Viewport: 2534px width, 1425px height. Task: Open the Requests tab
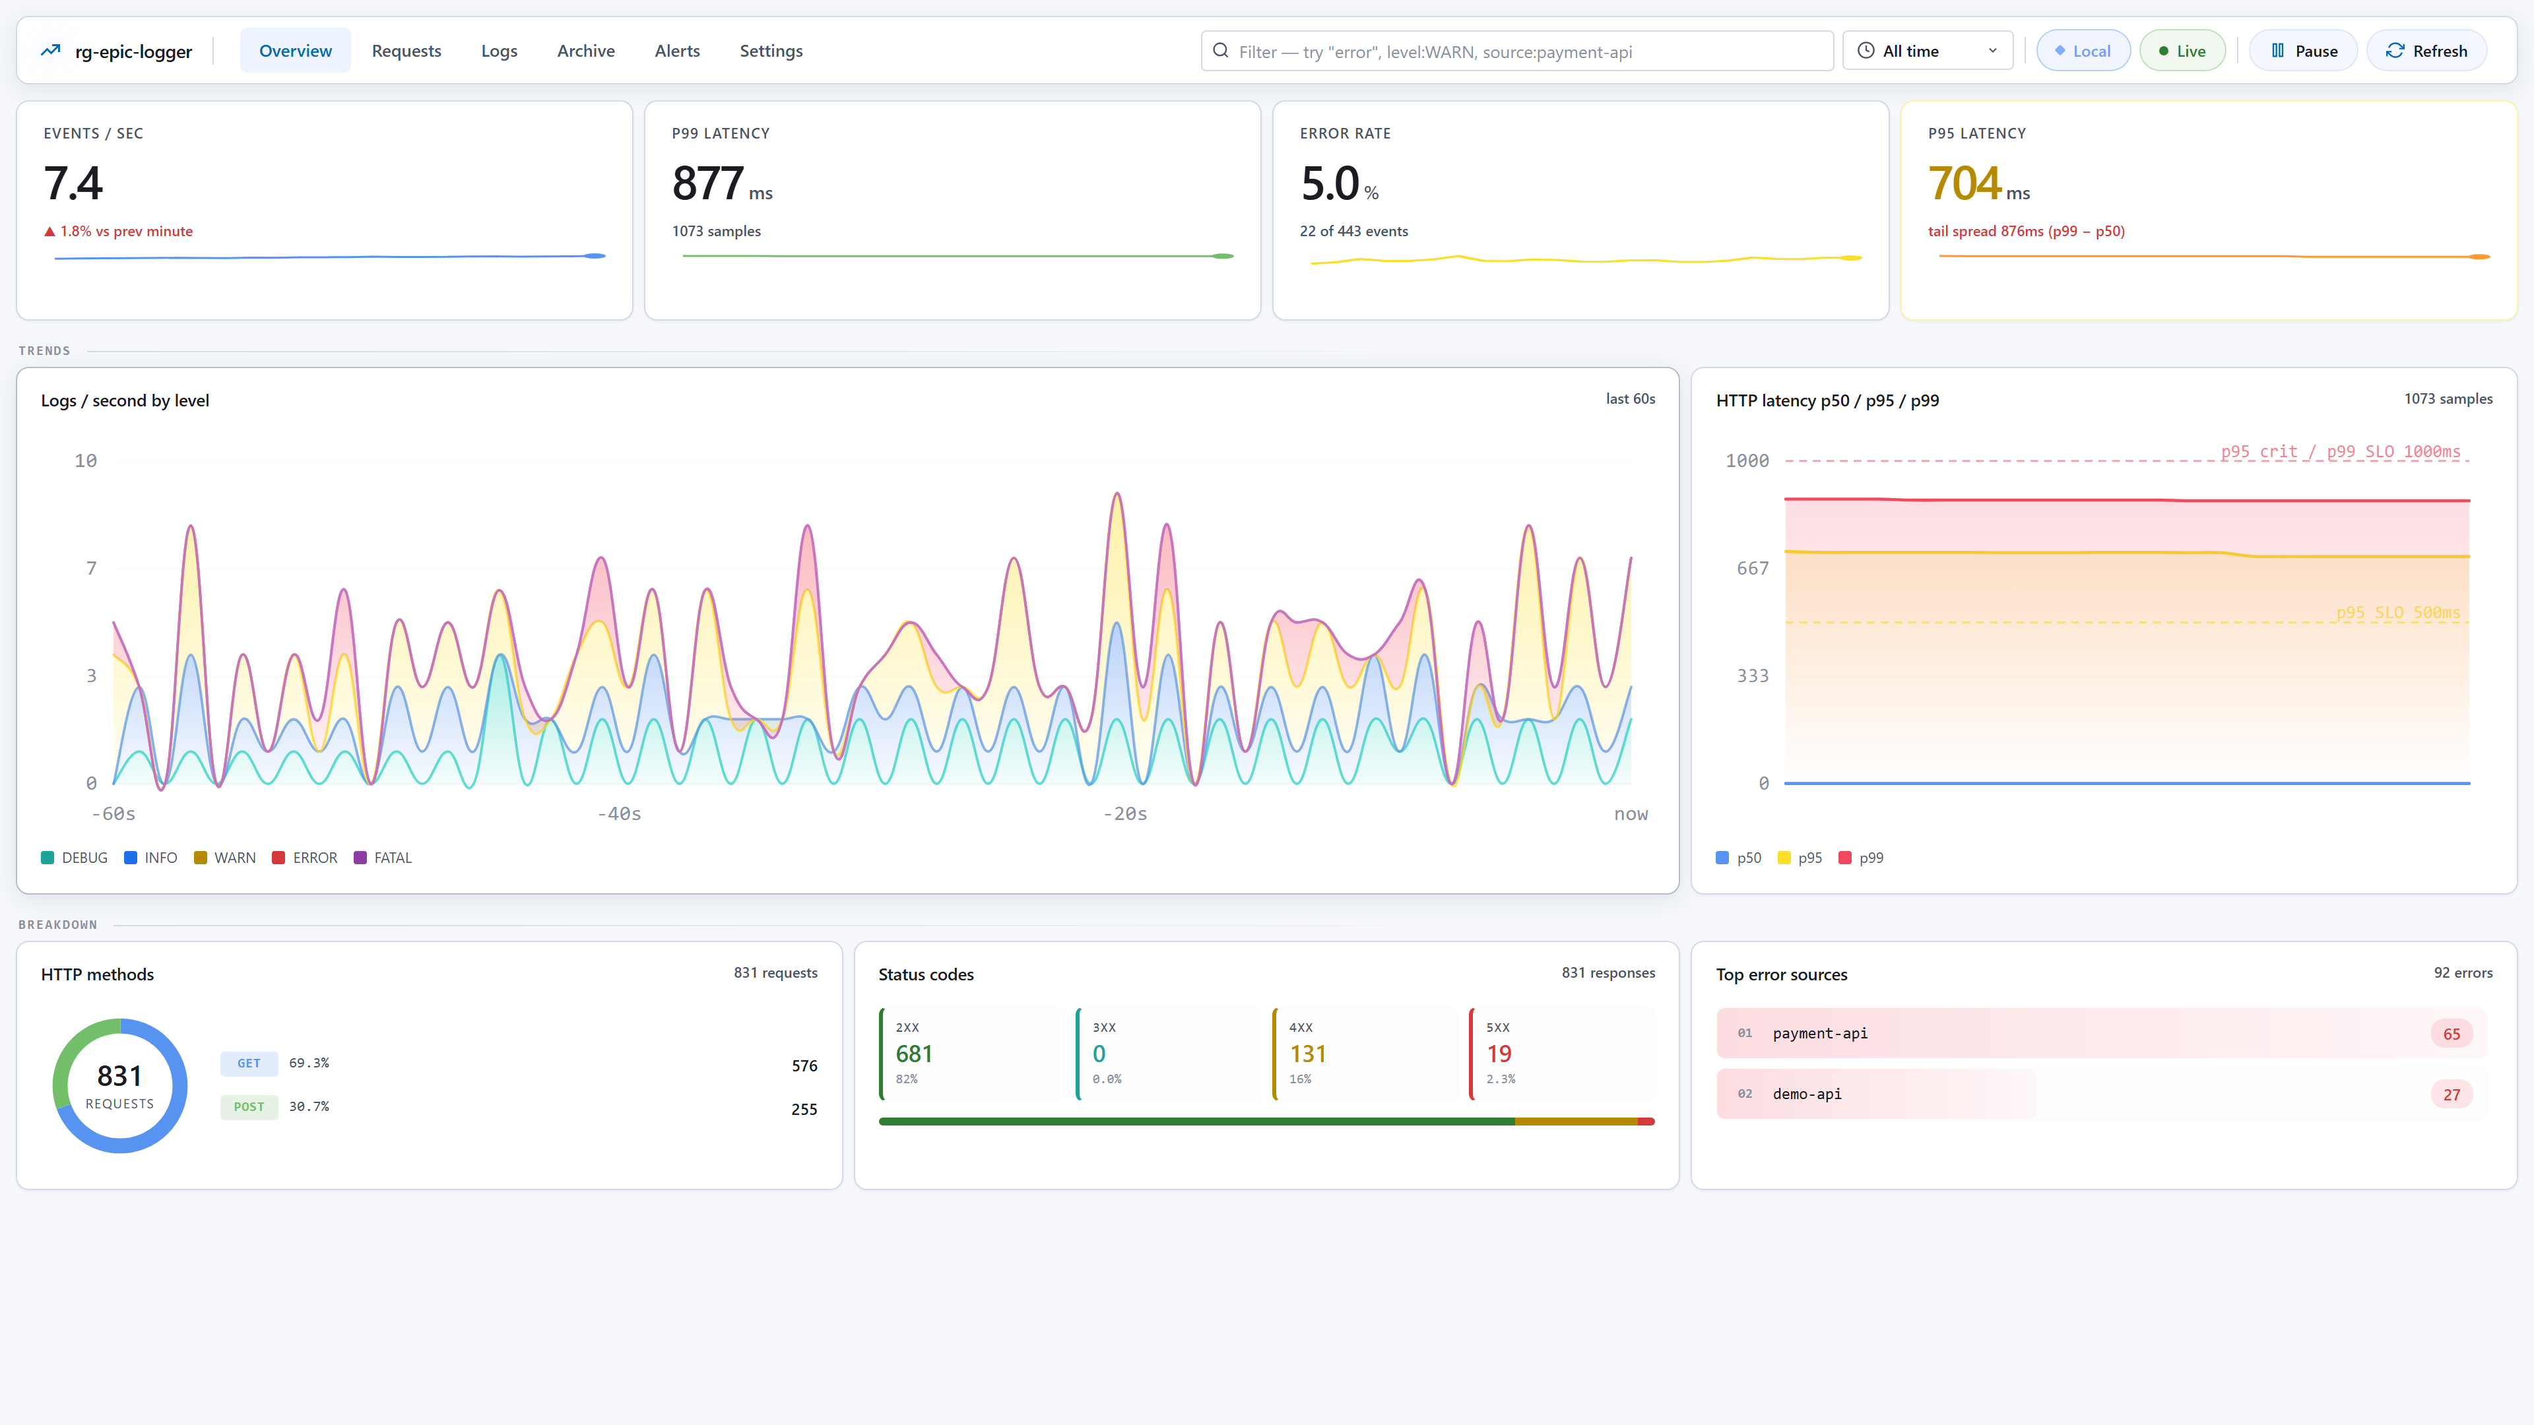click(406, 51)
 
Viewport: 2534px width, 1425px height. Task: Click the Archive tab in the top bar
click(585, 51)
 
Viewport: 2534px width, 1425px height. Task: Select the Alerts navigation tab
click(677, 51)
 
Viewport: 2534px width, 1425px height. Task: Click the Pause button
click(2303, 51)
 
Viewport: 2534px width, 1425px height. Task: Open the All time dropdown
click(1928, 51)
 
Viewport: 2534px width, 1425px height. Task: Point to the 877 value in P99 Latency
click(707, 184)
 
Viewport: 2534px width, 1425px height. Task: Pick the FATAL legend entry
click(383, 858)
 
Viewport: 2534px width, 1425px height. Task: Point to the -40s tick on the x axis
click(619, 814)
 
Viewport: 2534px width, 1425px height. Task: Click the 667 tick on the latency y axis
click(1752, 569)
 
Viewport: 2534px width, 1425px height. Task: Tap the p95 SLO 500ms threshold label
click(2397, 613)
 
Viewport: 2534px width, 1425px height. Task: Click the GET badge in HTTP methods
click(249, 1063)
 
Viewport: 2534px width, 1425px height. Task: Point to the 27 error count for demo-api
click(2452, 1094)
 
